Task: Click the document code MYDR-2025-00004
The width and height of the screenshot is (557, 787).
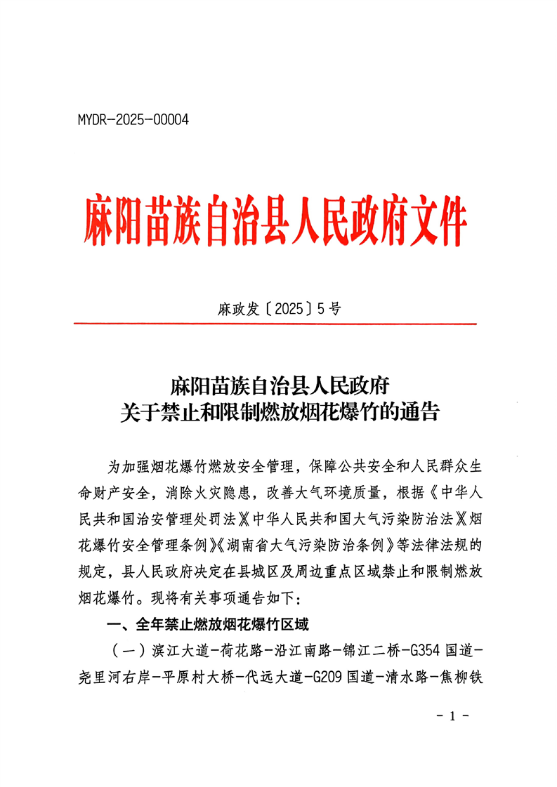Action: pyautogui.click(x=133, y=120)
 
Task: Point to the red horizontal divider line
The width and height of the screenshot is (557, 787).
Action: pyautogui.click(x=275, y=324)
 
